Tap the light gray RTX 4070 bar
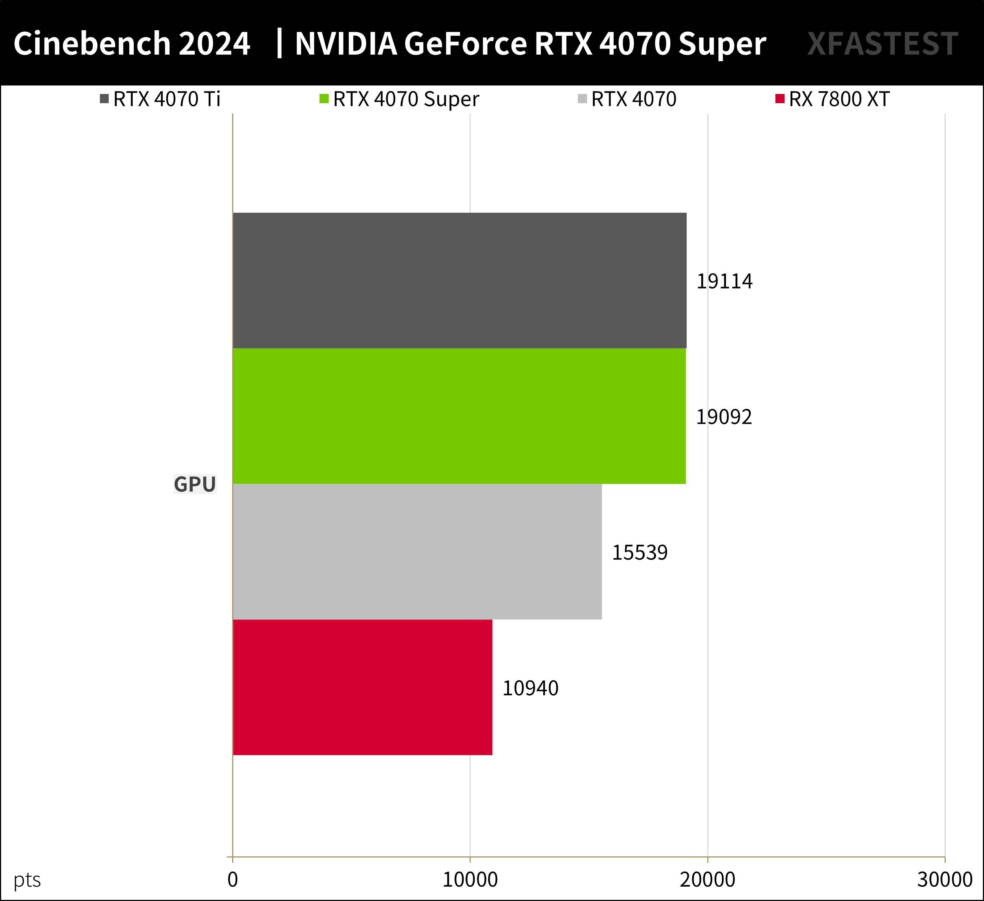coord(417,552)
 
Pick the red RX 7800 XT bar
coord(362,687)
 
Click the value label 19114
coord(724,282)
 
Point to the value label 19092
coord(723,417)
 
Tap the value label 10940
coord(530,689)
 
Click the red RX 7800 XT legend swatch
coord(779,99)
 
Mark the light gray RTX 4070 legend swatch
coord(582,99)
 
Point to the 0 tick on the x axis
coord(233,880)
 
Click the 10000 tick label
coord(470,880)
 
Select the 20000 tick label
coord(707,880)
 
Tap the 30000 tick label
coord(945,880)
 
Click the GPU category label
coord(195,484)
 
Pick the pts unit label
coord(27,880)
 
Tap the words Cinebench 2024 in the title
coord(132,44)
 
